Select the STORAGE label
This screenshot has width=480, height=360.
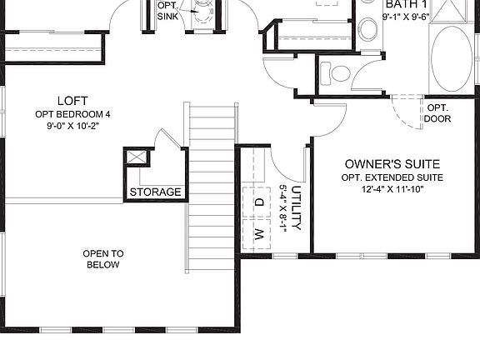point(155,192)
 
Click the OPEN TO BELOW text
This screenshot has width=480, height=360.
point(103,259)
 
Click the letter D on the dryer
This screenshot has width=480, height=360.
point(259,202)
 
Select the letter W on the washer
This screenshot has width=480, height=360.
point(259,232)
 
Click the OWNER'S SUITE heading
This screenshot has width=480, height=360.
point(392,164)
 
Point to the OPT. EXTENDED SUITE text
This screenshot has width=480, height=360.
point(392,178)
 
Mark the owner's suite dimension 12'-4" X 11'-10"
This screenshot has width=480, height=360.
point(392,191)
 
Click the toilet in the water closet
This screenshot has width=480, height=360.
point(337,73)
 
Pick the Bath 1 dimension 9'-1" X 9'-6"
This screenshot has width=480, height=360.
point(406,17)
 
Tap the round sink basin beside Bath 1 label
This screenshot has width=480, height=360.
point(367,32)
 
